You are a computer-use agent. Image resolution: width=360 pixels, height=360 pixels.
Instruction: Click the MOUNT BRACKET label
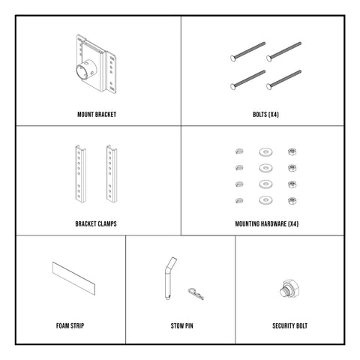click(x=97, y=115)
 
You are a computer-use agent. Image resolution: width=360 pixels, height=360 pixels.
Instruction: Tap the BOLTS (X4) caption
click(x=263, y=115)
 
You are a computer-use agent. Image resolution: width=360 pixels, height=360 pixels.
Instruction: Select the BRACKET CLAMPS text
click(x=97, y=223)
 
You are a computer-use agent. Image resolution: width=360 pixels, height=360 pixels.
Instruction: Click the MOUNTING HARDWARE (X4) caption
click(x=263, y=223)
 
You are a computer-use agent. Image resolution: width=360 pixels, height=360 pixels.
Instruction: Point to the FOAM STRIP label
click(x=69, y=326)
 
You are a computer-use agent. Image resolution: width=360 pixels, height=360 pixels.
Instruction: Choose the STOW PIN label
click(x=180, y=326)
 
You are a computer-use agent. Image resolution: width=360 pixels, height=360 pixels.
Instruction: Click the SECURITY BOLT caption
click(x=290, y=326)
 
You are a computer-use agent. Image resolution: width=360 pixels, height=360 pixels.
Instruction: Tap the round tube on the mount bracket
click(x=85, y=75)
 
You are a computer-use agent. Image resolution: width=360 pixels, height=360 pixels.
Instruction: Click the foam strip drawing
click(x=74, y=278)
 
